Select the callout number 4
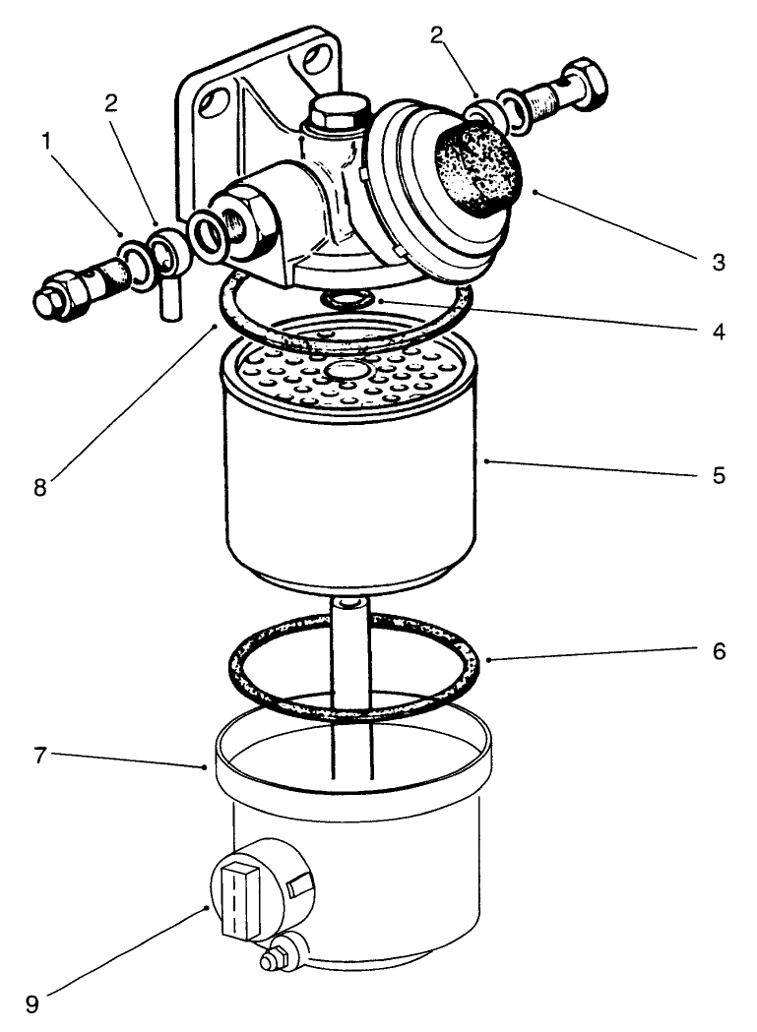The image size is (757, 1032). pos(719,332)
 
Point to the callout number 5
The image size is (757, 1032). pos(719,475)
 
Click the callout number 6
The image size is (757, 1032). pos(719,651)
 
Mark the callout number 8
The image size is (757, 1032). pos(39,486)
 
